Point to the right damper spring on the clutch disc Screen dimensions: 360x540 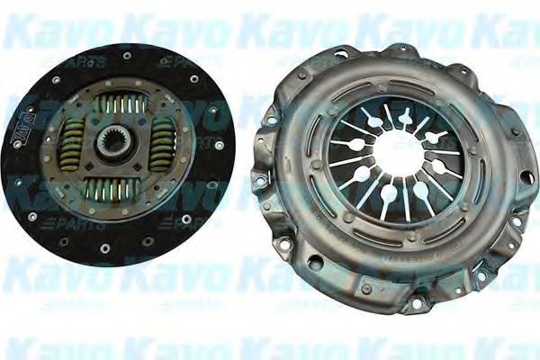163,144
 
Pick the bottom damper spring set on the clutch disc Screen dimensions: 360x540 114,188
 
